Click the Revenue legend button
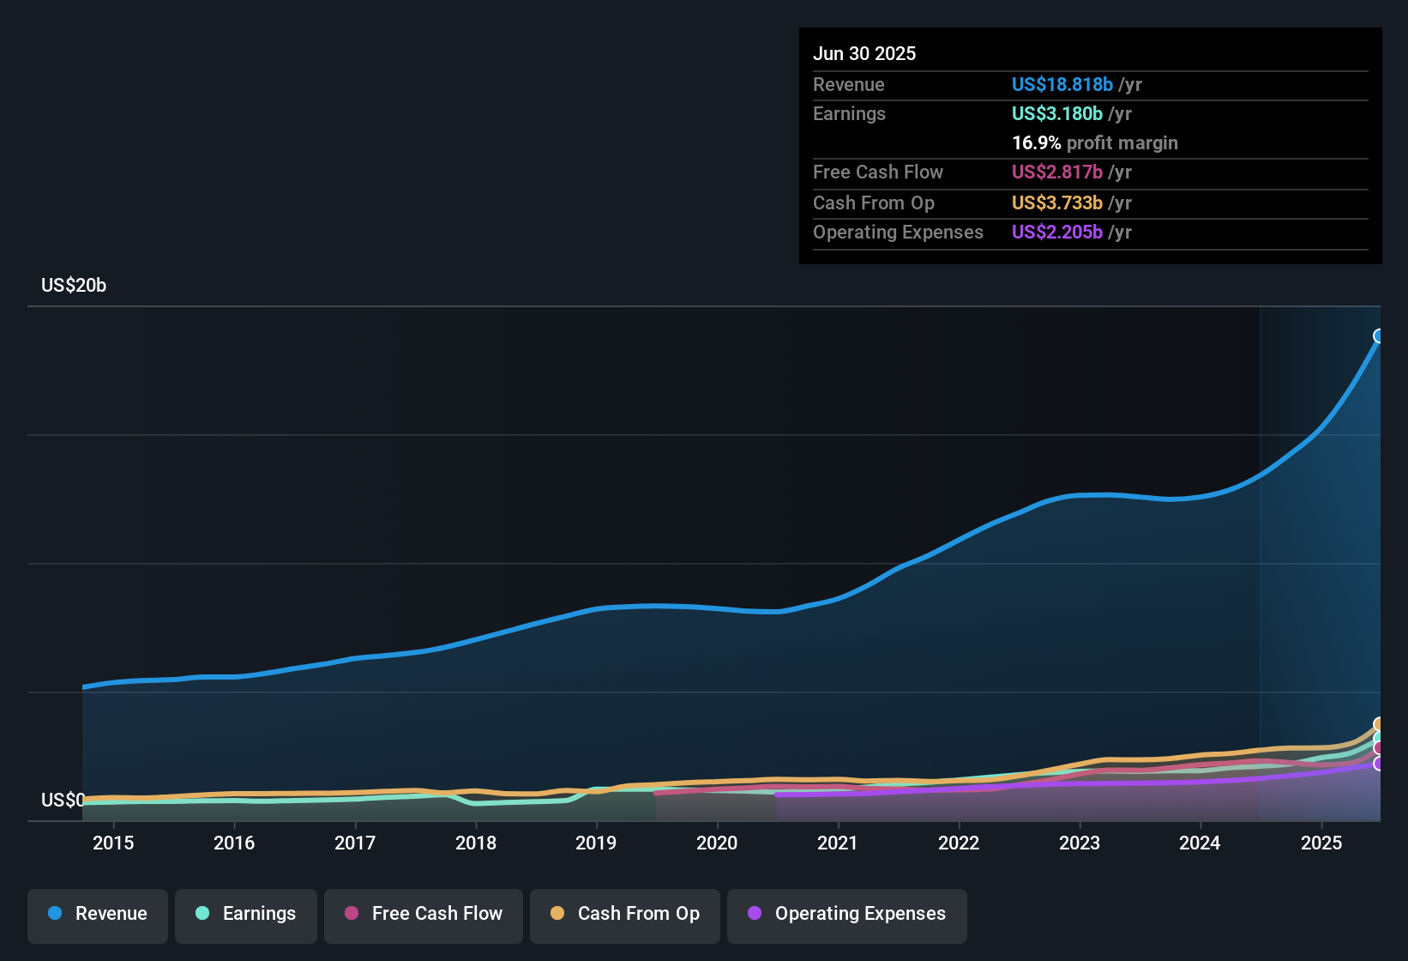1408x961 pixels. coord(98,914)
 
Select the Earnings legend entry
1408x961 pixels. coord(246,914)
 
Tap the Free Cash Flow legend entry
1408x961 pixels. coord(424,914)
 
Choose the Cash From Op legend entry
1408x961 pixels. coord(625,914)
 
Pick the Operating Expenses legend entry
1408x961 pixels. coord(847,914)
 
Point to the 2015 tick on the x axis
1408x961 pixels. coord(113,843)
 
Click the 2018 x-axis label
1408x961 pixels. coord(476,843)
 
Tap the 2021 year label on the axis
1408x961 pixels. coord(838,843)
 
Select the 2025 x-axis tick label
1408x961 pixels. coord(1321,843)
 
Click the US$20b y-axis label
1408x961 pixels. coord(74,286)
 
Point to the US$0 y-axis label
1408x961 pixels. coord(63,801)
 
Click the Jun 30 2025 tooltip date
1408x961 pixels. coord(864,53)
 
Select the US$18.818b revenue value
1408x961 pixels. coord(1062,84)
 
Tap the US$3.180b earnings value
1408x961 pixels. coord(1057,113)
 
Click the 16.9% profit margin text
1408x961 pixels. coord(1095,142)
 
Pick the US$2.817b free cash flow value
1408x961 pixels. coord(1057,172)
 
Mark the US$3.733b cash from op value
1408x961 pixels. coord(1057,202)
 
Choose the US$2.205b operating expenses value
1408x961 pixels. coord(1057,232)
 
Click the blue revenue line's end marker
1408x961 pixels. coord(1379,335)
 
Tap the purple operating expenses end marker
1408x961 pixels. coord(1379,763)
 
